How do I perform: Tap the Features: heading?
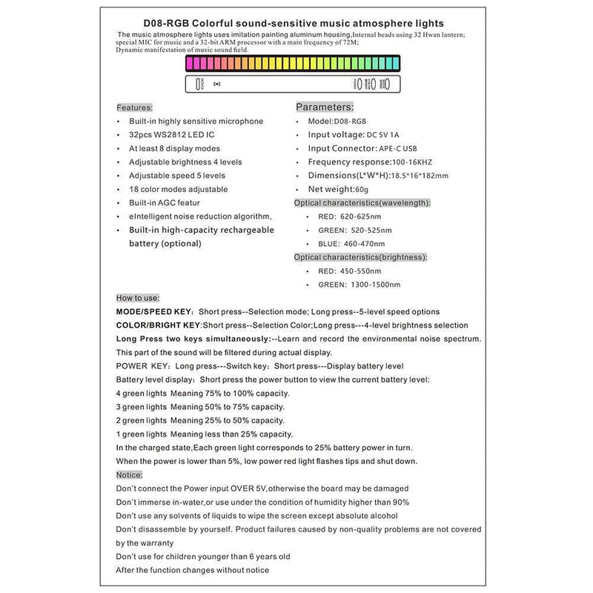[134, 107]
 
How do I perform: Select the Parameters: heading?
[325, 107]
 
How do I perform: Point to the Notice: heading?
[130, 474]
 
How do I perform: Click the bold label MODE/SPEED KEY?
[155, 311]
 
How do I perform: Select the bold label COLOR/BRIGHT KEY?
[159, 325]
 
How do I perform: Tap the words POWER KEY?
[143, 366]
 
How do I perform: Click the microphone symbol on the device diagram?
[217, 84]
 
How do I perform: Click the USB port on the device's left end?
[198, 84]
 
